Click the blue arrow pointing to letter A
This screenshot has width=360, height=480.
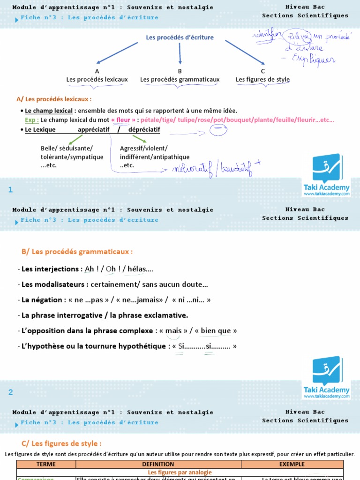[x=117, y=52]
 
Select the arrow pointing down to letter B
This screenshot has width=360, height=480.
[x=180, y=53]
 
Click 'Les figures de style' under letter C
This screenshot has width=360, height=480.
[x=262, y=80]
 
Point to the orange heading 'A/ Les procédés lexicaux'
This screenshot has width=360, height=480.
[x=54, y=99]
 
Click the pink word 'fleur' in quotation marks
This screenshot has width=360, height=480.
[x=123, y=120]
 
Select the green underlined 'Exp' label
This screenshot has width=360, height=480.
[x=31, y=120]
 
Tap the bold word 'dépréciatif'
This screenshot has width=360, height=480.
[x=144, y=129]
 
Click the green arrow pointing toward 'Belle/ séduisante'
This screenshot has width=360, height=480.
[x=75, y=139]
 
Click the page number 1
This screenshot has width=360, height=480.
[x=10, y=190]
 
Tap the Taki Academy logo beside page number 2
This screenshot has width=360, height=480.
[x=327, y=378]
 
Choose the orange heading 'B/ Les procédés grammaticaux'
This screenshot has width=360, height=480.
[x=77, y=252]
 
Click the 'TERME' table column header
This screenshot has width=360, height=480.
[x=46, y=464]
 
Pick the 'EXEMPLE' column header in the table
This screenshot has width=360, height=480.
[x=292, y=464]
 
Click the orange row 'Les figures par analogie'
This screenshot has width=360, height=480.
[x=180, y=472]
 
